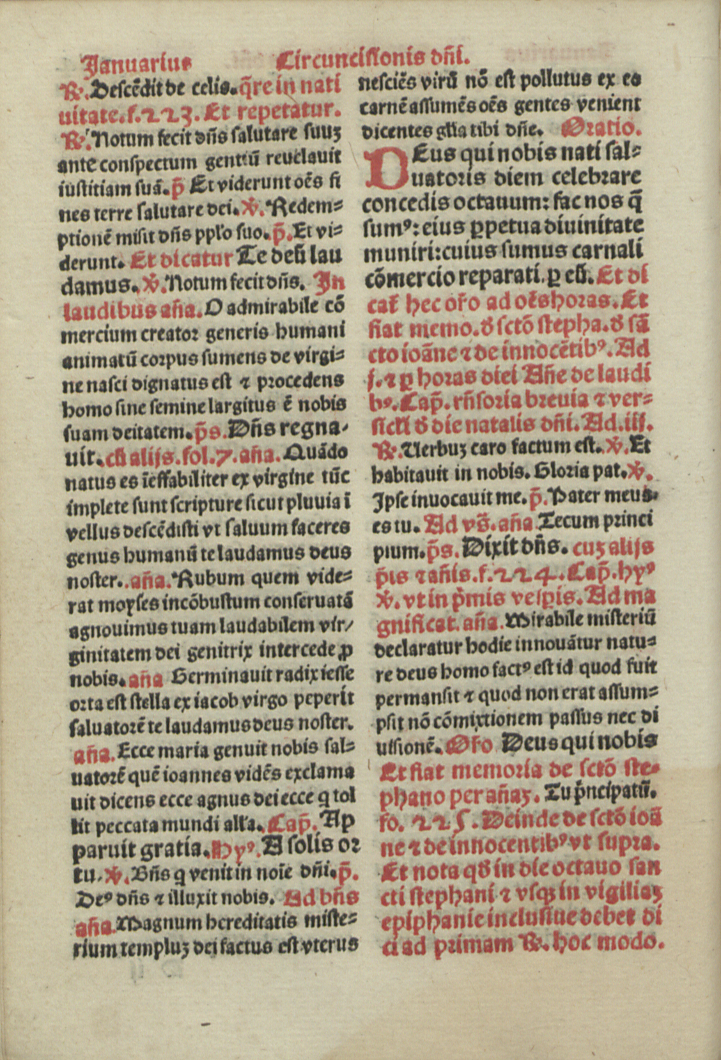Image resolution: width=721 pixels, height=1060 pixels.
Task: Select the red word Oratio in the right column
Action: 600,128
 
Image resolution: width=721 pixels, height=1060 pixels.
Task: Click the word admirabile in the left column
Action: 267,307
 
